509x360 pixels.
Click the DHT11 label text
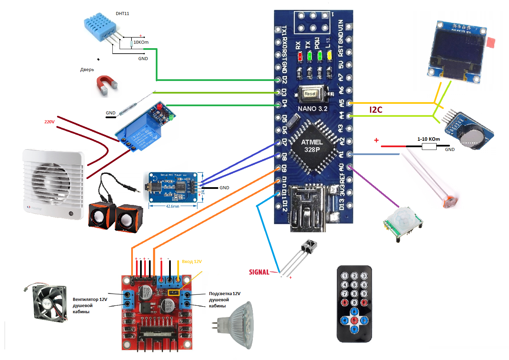point(122,14)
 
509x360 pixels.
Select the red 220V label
point(50,122)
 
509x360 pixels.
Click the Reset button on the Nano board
point(310,94)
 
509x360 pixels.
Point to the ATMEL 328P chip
point(312,146)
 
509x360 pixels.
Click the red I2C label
point(376,110)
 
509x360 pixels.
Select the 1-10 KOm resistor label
point(428,139)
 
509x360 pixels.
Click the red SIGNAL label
point(259,272)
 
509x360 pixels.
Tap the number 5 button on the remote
point(355,285)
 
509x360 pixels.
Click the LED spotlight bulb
point(239,324)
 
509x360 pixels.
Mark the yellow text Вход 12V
point(192,262)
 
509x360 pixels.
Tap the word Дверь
point(87,70)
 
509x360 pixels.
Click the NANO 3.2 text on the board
point(312,109)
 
